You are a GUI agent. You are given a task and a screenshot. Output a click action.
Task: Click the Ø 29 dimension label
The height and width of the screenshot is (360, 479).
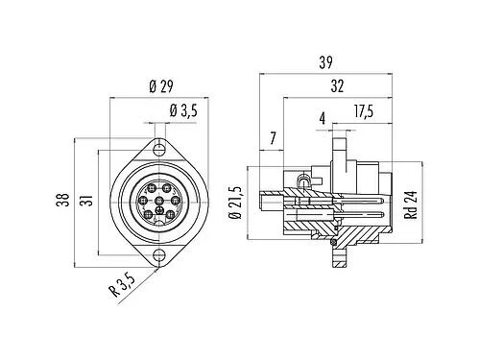[161, 86]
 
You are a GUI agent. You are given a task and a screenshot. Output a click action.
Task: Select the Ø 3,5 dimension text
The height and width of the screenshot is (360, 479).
[183, 110]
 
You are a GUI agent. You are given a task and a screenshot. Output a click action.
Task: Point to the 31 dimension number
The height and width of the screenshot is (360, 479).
[88, 200]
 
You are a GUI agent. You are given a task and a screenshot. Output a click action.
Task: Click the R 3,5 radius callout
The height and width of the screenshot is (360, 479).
[122, 286]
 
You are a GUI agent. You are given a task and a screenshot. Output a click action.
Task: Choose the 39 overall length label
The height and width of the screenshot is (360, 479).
[325, 62]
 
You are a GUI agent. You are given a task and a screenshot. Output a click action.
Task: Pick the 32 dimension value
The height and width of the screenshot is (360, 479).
[337, 86]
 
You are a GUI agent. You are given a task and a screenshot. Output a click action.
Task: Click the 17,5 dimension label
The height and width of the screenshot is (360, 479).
[364, 111]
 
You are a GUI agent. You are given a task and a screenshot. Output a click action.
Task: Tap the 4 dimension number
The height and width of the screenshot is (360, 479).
[323, 118]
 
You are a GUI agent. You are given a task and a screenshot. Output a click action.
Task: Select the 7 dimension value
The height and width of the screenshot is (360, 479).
[273, 138]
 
